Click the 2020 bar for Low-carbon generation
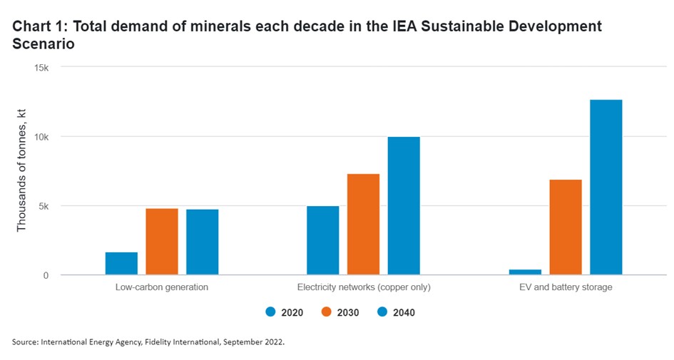[121, 264]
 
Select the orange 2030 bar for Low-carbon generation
[162, 242]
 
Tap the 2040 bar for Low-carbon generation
[203, 242]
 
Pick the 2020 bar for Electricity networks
[323, 240]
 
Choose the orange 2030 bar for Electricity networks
[364, 225]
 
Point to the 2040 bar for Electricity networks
[404, 206]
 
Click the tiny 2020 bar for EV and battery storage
[525, 272]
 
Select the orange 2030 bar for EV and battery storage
[566, 227]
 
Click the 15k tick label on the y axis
[39, 68]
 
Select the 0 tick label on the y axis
[45, 275]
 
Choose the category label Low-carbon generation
[162, 288]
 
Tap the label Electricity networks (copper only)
[364, 288]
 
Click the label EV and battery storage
[566, 288]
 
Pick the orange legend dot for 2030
[326, 312]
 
